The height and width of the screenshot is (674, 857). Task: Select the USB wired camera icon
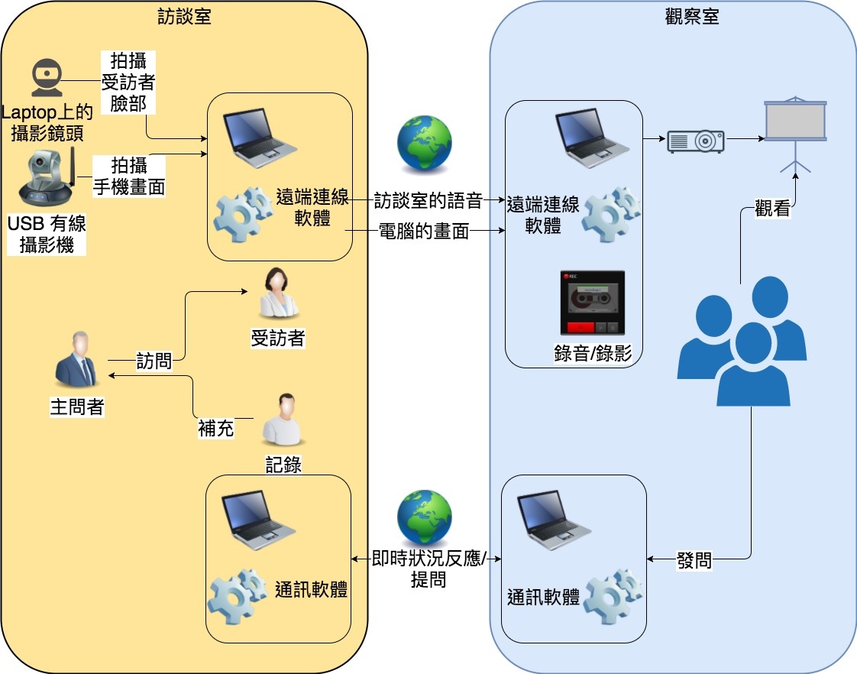click(47, 180)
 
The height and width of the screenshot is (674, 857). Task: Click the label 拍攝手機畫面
click(128, 176)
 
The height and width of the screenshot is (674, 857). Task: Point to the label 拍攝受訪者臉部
click(128, 81)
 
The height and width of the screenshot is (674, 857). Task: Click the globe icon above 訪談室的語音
click(424, 144)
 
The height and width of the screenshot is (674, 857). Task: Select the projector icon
click(695, 141)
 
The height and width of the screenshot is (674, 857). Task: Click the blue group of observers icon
click(741, 341)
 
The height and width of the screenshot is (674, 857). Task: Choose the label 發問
click(694, 560)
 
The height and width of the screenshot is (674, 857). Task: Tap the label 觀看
click(771, 208)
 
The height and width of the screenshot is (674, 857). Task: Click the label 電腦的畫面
click(424, 231)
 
